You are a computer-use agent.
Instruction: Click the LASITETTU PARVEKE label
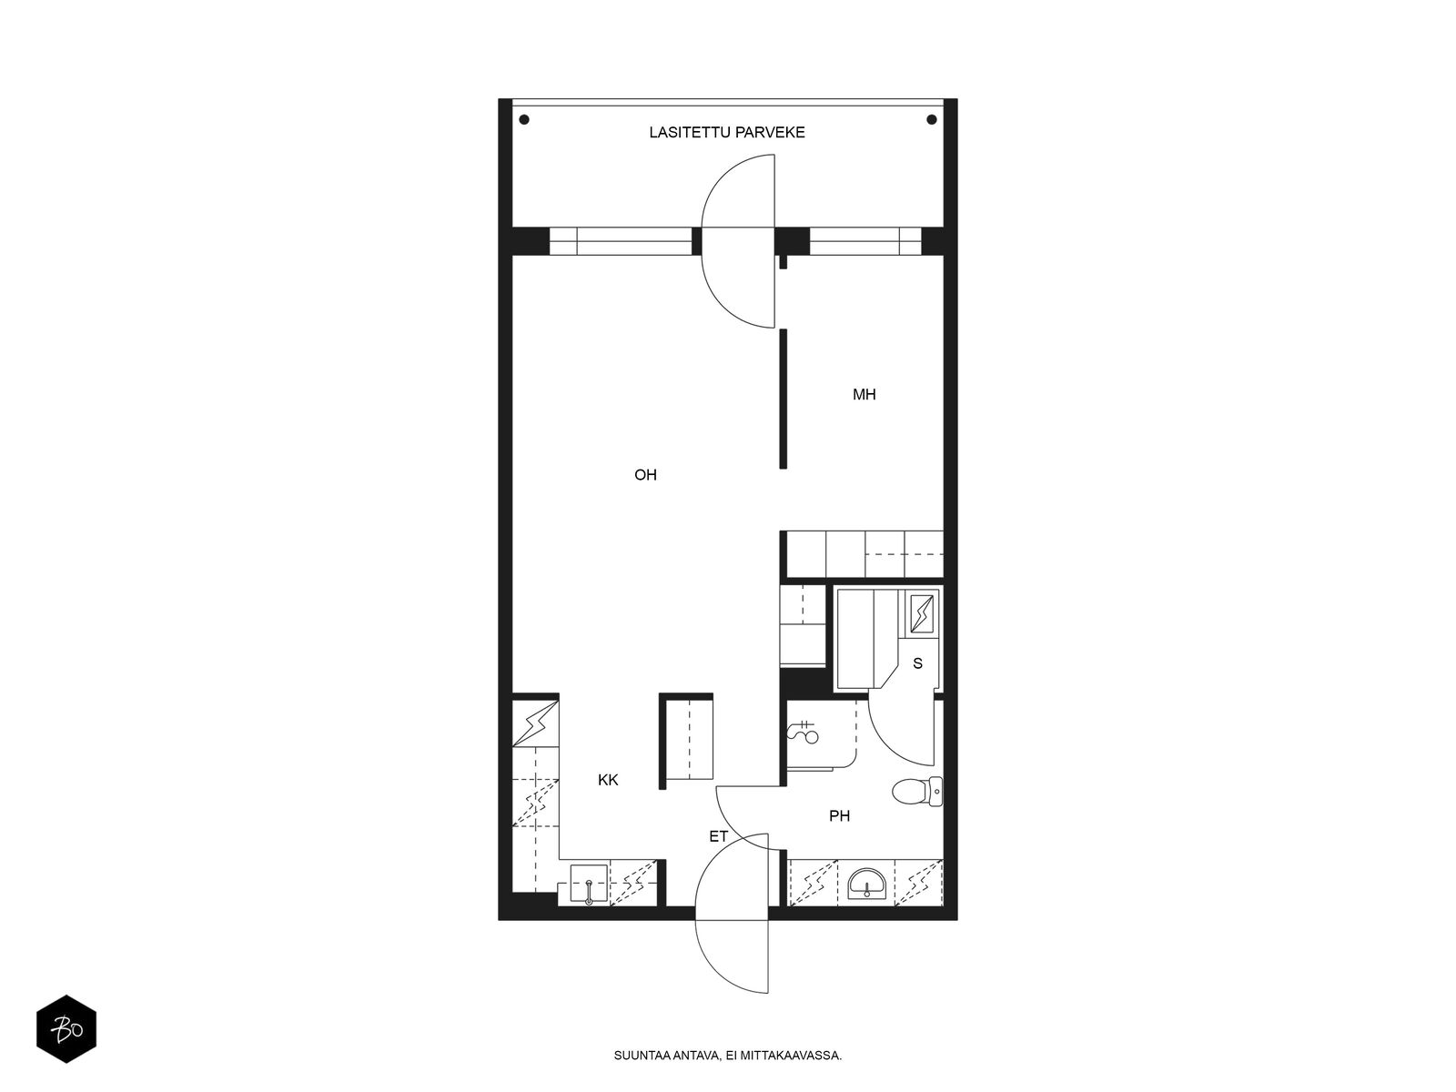tap(726, 133)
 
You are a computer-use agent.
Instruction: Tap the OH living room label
tap(645, 475)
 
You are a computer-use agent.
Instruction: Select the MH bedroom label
tap(864, 395)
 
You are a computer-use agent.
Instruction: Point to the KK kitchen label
tap(608, 780)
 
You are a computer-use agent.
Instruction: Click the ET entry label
tap(718, 836)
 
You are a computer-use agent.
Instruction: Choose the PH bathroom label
tap(839, 816)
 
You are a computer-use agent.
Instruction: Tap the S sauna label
tap(917, 663)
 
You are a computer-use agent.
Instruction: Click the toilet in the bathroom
tap(916, 791)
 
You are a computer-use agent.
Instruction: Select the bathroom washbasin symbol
tap(866, 884)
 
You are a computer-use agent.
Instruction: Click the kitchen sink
tap(589, 884)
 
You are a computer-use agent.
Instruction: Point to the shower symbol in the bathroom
tap(804, 732)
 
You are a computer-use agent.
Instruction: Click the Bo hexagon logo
tap(66, 1029)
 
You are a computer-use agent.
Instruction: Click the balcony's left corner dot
tap(524, 120)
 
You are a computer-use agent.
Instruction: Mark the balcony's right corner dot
tap(931, 120)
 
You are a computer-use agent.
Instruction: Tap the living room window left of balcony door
tap(621, 241)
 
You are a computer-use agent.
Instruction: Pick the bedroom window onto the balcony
tap(865, 241)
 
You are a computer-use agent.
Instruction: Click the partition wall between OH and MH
tap(784, 399)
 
